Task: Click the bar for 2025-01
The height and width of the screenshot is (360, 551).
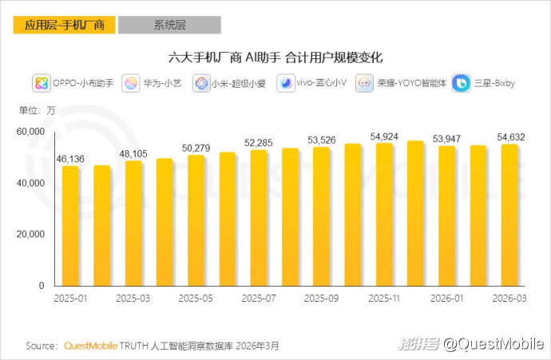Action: [x=70, y=226]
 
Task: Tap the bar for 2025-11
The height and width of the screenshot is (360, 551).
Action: [x=383, y=215]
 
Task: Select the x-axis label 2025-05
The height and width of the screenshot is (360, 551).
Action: [x=195, y=299]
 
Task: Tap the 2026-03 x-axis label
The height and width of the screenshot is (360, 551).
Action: [x=509, y=299]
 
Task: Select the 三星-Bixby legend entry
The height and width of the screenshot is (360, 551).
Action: [x=485, y=83]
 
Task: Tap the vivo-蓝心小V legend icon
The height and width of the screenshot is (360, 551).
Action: [x=286, y=83]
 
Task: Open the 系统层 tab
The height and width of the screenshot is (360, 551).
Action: [x=169, y=25]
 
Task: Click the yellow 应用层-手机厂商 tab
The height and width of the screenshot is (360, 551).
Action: [x=63, y=25]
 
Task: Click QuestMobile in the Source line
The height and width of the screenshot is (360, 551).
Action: [x=90, y=346]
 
